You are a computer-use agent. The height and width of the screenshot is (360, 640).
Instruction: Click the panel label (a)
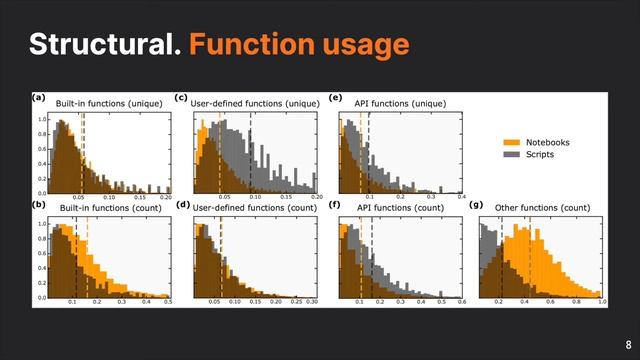(38, 98)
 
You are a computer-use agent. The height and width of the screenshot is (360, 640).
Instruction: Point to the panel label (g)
(478, 206)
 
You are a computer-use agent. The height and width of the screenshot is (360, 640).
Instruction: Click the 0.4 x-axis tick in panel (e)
(461, 198)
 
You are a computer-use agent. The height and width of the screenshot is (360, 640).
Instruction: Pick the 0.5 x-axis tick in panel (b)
(168, 302)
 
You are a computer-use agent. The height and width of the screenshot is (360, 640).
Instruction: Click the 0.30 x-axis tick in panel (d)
(311, 302)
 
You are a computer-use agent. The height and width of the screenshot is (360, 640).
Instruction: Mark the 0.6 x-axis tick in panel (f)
(461, 302)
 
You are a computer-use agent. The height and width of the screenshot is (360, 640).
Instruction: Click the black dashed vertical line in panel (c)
(249, 150)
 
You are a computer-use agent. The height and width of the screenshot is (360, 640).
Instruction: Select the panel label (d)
(181, 206)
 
